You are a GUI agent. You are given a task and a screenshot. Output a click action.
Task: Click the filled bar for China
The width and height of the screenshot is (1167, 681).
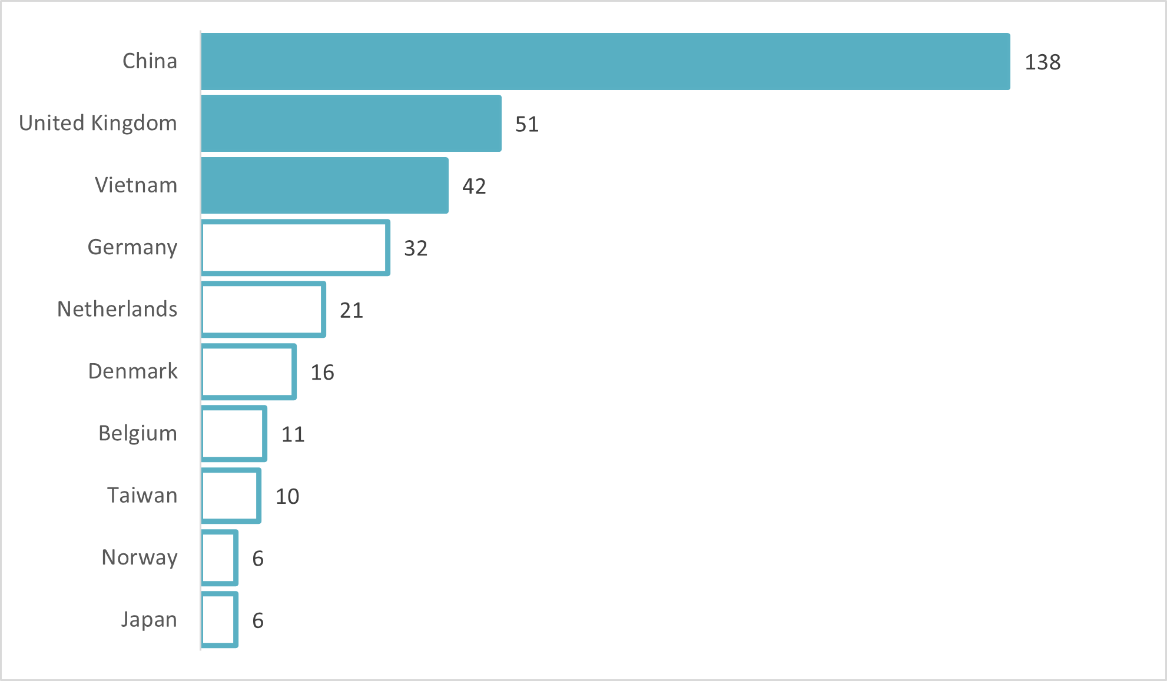tap(605, 61)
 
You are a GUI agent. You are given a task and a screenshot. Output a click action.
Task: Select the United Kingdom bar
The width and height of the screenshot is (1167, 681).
tap(351, 124)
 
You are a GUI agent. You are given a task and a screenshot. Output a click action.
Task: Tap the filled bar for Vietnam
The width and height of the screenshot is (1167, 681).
tap(324, 185)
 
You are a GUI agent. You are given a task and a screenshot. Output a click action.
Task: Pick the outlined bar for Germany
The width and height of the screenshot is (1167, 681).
tap(295, 248)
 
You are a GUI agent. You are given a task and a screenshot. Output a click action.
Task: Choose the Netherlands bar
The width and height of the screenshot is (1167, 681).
tap(263, 310)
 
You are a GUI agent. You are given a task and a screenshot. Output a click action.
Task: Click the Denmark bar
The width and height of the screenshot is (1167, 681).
tap(248, 372)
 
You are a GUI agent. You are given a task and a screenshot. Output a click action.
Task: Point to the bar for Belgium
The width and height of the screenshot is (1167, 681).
tap(234, 434)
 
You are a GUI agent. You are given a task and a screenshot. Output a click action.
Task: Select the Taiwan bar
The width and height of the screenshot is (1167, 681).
tap(231, 496)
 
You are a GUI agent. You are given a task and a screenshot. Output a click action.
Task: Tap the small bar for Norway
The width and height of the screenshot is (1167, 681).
tap(220, 558)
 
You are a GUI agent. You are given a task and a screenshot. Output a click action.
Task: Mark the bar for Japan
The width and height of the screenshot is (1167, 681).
tap(220, 620)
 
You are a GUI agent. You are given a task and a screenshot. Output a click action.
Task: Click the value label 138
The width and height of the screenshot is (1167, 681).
tap(1042, 62)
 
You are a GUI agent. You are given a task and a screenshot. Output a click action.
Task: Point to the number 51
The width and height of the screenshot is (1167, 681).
tap(527, 124)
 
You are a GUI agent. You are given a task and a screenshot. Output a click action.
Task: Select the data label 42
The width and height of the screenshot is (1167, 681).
tap(474, 187)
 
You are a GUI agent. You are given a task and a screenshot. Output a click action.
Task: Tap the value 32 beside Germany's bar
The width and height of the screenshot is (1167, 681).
tap(416, 248)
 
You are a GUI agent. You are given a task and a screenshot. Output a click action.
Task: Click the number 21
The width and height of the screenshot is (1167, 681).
tap(352, 311)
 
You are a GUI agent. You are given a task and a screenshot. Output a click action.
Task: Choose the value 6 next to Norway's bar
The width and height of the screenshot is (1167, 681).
tap(258, 559)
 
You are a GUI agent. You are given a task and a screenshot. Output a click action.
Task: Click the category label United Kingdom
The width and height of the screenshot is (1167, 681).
tap(98, 123)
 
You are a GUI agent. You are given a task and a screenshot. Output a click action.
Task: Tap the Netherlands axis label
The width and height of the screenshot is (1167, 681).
tap(117, 309)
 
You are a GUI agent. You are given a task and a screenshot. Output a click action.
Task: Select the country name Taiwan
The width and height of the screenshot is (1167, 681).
tap(142, 496)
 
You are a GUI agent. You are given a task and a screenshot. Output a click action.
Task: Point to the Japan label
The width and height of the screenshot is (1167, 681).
tap(149, 620)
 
